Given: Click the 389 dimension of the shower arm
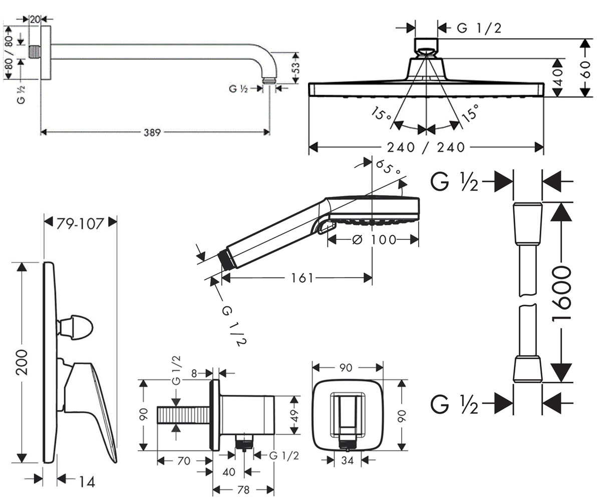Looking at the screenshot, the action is [x=152, y=132].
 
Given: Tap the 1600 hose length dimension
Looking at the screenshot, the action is [x=561, y=294].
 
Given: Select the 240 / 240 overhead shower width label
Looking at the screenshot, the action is [x=426, y=147].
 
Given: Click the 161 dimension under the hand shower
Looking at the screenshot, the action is [x=302, y=278].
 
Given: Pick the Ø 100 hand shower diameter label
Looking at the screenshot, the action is [x=374, y=239].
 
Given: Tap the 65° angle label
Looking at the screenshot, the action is [x=388, y=167].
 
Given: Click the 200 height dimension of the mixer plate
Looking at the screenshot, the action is [x=22, y=362].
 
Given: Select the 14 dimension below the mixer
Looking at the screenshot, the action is [x=87, y=482].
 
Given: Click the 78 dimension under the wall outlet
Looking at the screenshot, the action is [x=243, y=490].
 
